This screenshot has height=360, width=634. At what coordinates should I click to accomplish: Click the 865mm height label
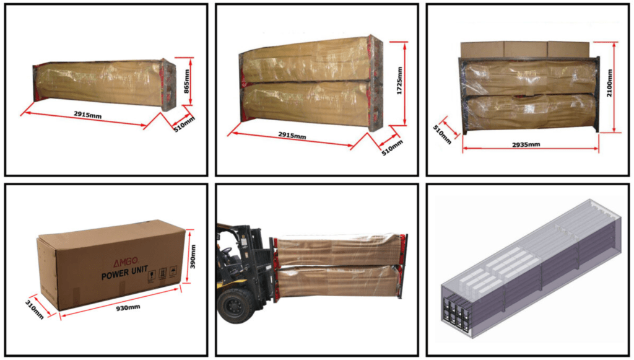click(x=187, y=81)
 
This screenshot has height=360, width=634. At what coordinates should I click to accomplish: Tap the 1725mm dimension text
click(x=399, y=81)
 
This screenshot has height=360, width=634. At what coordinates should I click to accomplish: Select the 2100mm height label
click(x=609, y=83)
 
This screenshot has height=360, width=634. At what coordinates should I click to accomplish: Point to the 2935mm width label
click(x=526, y=144)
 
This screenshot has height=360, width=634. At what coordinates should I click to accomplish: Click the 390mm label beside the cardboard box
click(x=193, y=257)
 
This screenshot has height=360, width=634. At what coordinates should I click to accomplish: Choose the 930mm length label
click(x=128, y=308)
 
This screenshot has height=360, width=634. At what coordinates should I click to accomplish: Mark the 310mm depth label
click(x=35, y=309)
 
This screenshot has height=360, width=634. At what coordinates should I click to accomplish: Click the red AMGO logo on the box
click(x=125, y=262)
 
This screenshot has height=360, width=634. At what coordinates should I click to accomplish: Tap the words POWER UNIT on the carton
click(x=124, y=273)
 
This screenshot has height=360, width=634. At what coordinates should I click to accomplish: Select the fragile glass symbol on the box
click(x=152, y=276)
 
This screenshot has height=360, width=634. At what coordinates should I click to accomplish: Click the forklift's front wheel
click(x=233, y=305)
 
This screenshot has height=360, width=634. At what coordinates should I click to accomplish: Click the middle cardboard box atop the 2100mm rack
click(x=526, y=50)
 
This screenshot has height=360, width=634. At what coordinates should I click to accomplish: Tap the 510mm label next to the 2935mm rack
click(x=442, y=134)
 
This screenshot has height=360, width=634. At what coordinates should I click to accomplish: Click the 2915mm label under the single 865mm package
click(x=88, y=115)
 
